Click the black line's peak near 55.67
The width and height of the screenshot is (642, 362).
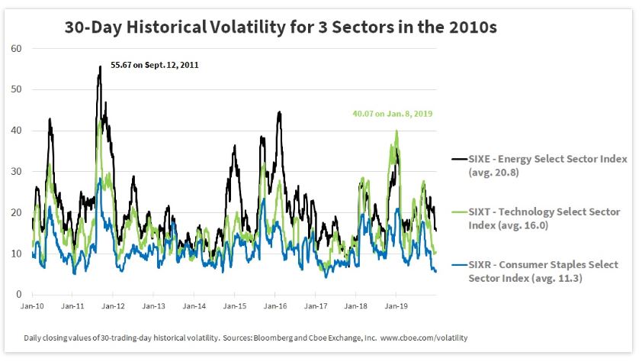tap(100, 67)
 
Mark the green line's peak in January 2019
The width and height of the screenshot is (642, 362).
tap(396, 131)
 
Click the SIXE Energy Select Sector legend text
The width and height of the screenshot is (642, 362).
tap(542, 165)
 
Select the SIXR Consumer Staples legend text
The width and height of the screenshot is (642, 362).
tap(542, 271)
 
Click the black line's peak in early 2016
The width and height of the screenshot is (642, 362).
tap(280, 112)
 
